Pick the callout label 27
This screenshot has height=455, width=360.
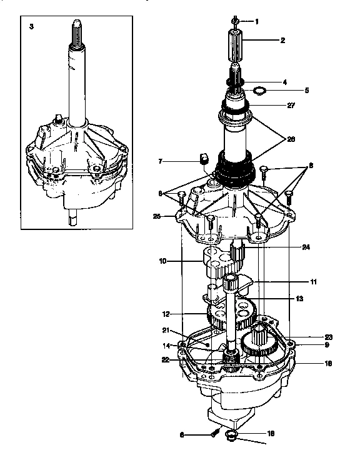(x=291, y=106)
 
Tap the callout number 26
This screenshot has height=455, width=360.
(x=291, y=140)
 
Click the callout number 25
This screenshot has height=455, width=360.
(x=157, y=216)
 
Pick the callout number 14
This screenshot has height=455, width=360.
(x=166, y=345)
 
